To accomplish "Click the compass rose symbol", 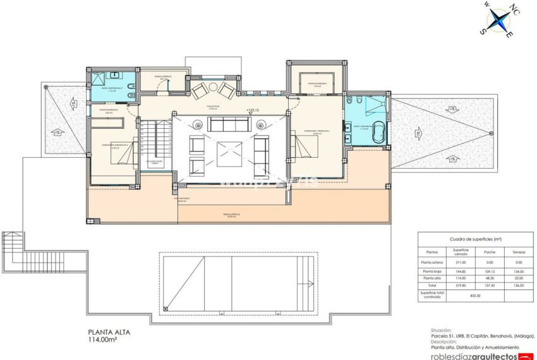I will point(499,21).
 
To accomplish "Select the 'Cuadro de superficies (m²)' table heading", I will point(474,240).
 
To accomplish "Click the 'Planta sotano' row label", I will point(433,262).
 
